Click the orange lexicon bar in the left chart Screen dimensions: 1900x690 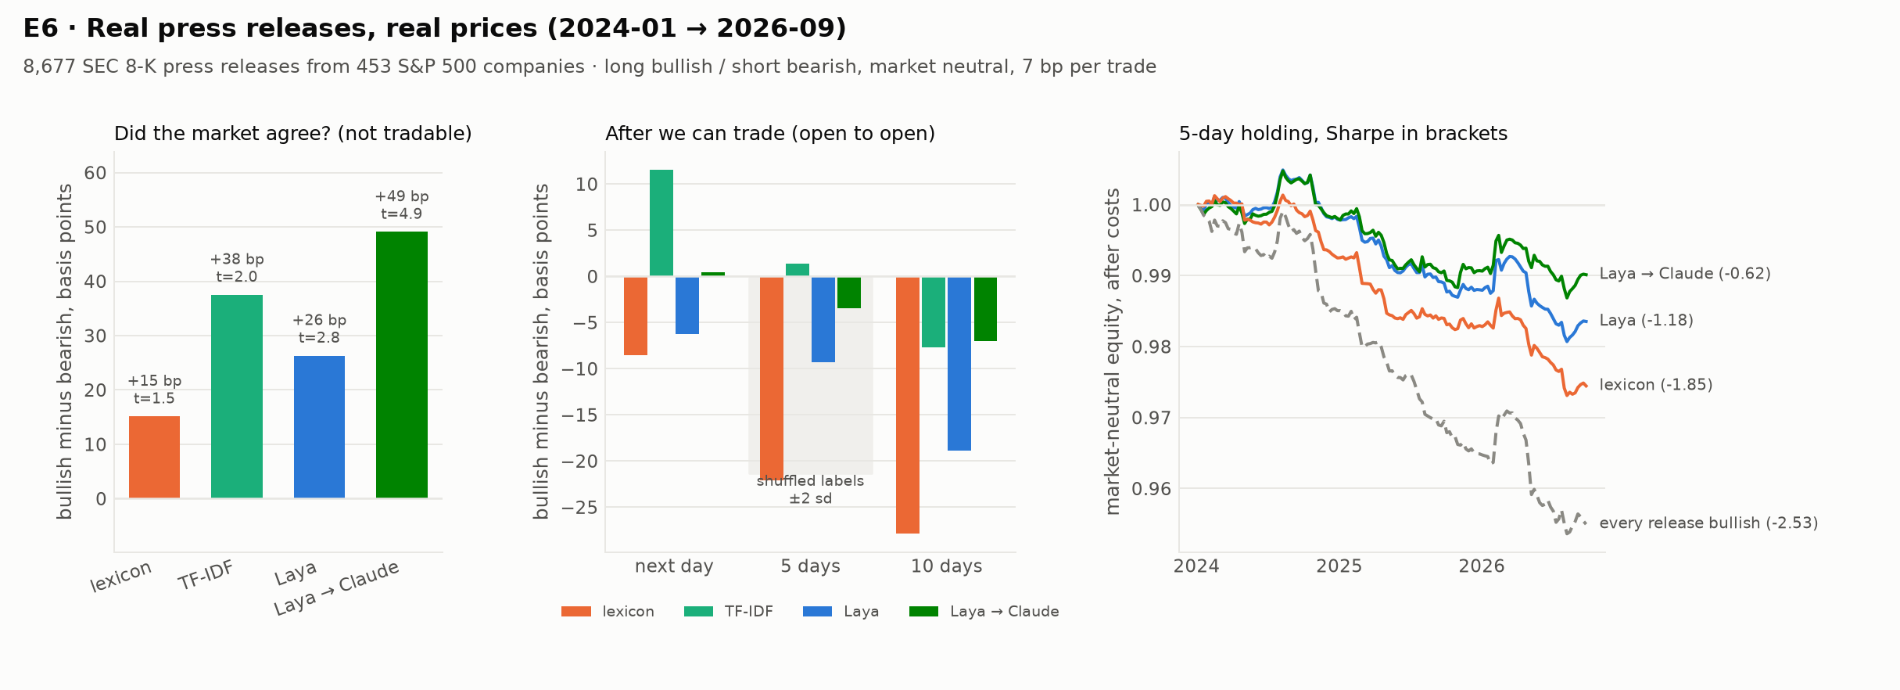coord(154,457)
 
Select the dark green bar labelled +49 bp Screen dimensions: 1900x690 coord(402,365)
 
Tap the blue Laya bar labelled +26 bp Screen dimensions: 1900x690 coord(319,427)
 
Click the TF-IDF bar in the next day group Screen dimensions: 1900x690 coord(661,223)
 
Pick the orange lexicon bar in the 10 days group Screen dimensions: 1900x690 coord(908,405)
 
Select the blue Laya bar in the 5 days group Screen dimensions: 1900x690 coord(823,319)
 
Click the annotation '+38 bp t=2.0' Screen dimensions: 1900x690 coord(237,268)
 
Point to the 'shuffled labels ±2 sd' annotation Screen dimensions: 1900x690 coord(810,490)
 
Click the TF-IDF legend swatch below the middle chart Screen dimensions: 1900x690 coord(698,612)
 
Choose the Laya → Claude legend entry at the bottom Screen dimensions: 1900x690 coord(984,612)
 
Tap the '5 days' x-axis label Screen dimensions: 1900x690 coord(810,566)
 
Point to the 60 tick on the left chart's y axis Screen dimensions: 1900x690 coord(95,173)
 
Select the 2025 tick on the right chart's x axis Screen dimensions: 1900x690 coord(1339,566)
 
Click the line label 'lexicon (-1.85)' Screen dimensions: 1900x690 coord(1656,385)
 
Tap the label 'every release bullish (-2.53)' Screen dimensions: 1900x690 coord(1708,523)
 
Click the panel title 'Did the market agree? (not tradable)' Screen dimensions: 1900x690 coord(293,134)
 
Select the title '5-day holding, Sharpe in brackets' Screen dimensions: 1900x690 coord(1343,134)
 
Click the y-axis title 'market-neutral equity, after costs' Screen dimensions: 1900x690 coord(1113,351)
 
